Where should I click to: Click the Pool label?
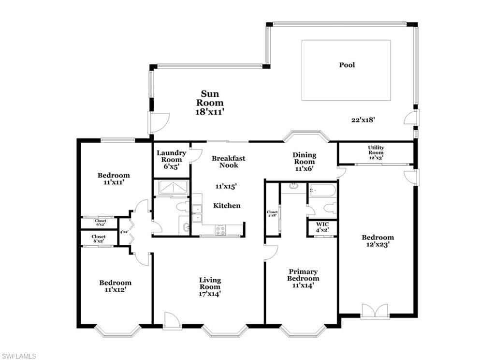(x=347, y=65)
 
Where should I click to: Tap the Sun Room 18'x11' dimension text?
(x=210, y=112)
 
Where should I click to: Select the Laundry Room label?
(x=172, y=156)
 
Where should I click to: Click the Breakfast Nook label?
(x=229, y=162)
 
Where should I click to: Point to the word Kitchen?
(x=227, y=206)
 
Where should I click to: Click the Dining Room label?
(x=305, y=158)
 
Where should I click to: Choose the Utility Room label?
(x=376, y=150)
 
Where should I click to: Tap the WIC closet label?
(x=322, y=225)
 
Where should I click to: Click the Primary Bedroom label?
(x=303, y=275)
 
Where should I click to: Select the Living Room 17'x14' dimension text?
(x=210, y=294)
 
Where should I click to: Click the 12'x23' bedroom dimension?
(x=378, y=244)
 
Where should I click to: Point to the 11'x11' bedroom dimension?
(x=113, y=182)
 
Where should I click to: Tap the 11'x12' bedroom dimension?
(x=115, y=289)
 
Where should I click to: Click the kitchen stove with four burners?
(x=220, y=230)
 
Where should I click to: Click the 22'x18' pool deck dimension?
(x=363, y=120)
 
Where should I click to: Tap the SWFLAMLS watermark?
(x=18, y=356)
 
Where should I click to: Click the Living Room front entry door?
(x=172, y=321)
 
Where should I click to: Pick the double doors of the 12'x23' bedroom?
(x=375, y=311)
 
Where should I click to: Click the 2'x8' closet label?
(x=272, y=214)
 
